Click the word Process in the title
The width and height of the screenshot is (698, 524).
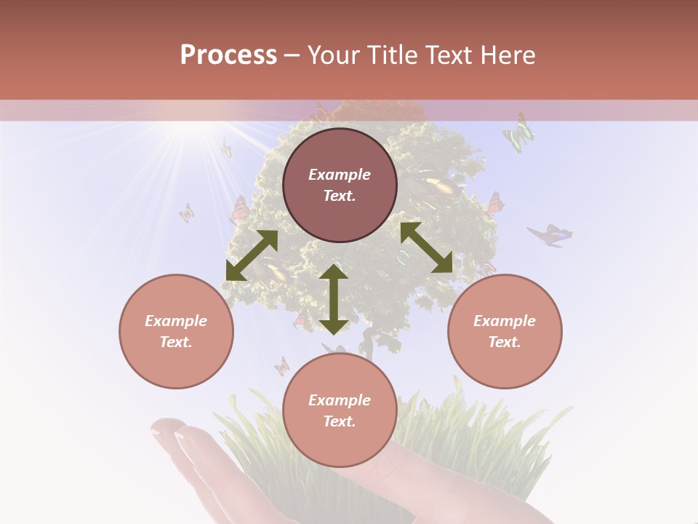point(228,55)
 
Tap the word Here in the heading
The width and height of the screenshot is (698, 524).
point(508,55)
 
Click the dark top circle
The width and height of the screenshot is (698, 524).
point(340,185)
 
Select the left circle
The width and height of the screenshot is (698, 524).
point(176,331)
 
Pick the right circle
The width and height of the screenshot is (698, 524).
point(505,331)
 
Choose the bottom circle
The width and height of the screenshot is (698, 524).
point(340,410)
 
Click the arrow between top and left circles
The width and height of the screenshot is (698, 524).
point(252,255)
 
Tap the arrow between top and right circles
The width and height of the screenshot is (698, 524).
point(427,247)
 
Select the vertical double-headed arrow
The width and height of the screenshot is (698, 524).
point(334,299)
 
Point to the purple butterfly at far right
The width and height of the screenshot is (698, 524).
point(550,235)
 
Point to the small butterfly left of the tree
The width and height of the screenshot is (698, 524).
point(187,213)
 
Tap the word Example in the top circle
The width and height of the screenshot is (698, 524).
point(340,175)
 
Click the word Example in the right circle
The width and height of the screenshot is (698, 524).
point(505,321)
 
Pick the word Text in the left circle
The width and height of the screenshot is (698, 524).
point(176,342)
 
